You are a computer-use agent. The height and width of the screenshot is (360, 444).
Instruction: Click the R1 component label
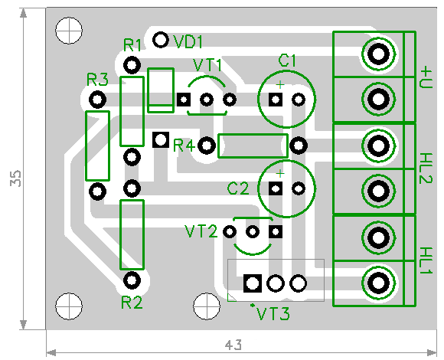(x=132, y=45)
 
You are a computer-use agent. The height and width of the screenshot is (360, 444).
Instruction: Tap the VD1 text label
(x=188, y=42)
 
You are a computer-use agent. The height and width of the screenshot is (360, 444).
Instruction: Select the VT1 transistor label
(x=208, y=65)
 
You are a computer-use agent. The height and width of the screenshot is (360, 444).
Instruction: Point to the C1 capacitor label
(x=287, y=61)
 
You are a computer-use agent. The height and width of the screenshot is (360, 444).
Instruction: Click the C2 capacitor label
(x=238, y=188)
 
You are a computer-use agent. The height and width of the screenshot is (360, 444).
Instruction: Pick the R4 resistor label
(x=184, y=146)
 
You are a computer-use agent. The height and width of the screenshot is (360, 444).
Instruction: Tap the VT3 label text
(x=273, y=313)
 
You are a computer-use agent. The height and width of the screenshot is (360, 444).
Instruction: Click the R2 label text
(x=132, y=303)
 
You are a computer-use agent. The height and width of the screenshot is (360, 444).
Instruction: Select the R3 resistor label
(x=97, y=80)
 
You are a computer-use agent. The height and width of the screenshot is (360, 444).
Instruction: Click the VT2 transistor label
(x=201, y=231)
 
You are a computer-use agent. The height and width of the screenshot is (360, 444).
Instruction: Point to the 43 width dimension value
(x=233, y=345)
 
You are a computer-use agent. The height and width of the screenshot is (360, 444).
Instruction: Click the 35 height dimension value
(x=15, y=178)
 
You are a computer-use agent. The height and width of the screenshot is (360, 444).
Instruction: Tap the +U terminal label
(x=426, y=77)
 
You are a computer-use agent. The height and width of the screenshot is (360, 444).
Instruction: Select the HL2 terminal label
(x=426, y=169)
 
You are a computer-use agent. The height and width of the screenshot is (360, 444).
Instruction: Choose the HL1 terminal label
(x=426, y=260)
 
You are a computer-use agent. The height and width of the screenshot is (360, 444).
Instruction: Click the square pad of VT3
(x=253, y=283)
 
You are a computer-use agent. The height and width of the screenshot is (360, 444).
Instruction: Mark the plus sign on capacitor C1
(x=280, y=84)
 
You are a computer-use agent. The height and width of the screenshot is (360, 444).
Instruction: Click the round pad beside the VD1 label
(x=161, y=40)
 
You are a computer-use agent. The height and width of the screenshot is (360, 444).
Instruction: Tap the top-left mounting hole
(x=69, y=31)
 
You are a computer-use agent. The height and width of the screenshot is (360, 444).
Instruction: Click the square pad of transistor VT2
(x=276, y=231)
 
